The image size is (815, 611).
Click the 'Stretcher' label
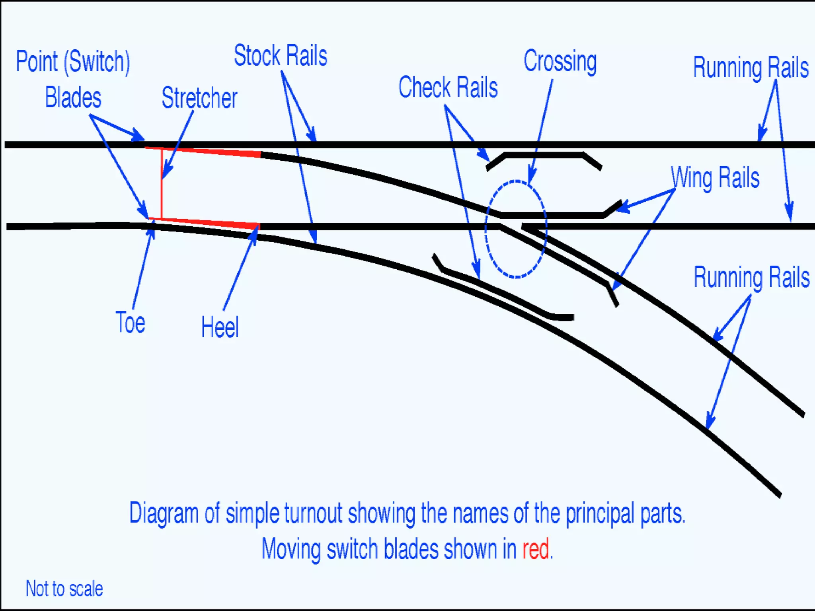[x=199, y=98]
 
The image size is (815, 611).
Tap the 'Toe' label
[x=130, y=322]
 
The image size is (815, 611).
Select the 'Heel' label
[x=220, y=327]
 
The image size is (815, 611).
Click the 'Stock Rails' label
[x=281, y=56]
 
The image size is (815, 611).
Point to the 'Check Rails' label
[x=448, y=88]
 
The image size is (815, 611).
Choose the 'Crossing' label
[x=560, y=62]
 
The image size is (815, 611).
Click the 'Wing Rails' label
[x=715, y=177]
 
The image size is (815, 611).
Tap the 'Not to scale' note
[x=64, y=588]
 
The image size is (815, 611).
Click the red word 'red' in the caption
[x=536, y=549]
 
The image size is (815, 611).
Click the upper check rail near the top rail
[x=544, y=155]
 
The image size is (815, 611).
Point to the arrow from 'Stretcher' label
[x=177, y=145]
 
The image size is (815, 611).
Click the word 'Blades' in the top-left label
[x=73, y=97]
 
